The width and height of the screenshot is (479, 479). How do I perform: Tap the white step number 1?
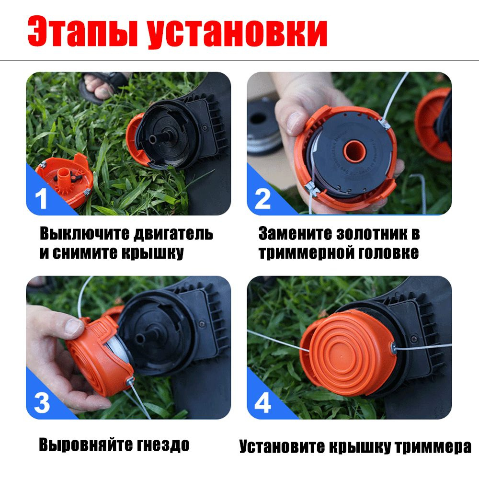click(x=41, y=198)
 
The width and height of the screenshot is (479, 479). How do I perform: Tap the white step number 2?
click(x=262, y=199)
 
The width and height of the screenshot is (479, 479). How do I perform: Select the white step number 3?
click(x=42, y=403)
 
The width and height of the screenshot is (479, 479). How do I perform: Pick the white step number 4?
click(x=262, y=403)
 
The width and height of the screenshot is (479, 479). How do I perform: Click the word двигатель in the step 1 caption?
click(x=173, y=234)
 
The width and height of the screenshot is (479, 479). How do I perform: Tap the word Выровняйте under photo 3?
click(x=85, y=445)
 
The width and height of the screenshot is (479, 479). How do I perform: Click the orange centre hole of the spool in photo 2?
click(x=354, y=151)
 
